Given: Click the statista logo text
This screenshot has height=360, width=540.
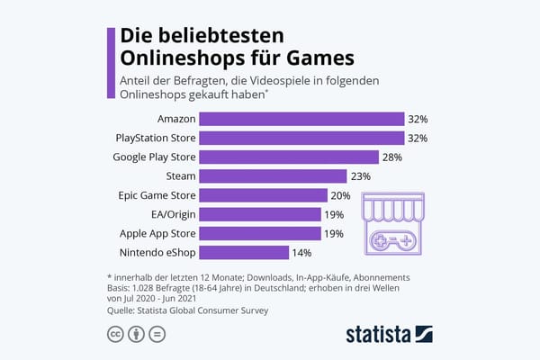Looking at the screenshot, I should click(379, 335).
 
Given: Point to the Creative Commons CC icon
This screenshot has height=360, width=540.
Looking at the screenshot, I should click(116, 335).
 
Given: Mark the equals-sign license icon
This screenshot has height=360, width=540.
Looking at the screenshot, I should click(156, 335).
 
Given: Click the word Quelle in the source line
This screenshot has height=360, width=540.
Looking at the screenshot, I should click(121, 310).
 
